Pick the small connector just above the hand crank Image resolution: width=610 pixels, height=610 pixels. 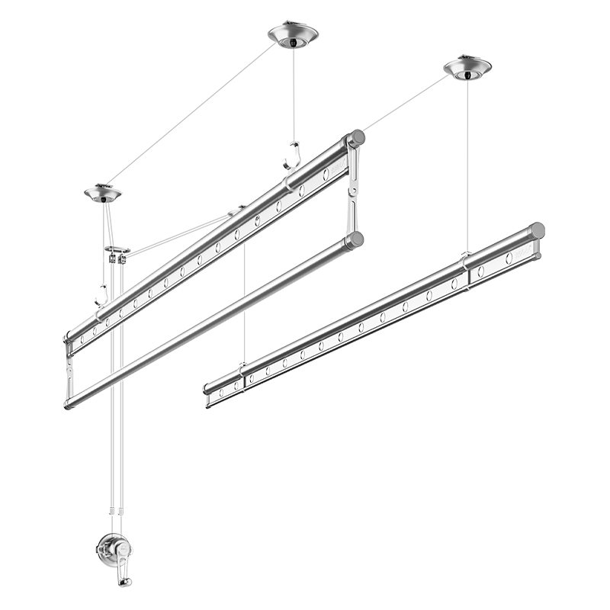coord(116,510)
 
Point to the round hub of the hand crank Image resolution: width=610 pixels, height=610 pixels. coord(115,547)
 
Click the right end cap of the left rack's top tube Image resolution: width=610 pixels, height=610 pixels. coord(355,139)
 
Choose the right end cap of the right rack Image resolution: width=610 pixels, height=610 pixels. coord(538,230)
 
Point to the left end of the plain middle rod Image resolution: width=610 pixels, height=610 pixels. coord(69,403)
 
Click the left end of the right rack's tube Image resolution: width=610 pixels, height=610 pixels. coord(207,388)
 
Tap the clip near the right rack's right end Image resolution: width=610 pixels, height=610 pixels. coord(467,260)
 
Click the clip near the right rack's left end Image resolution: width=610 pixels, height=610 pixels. coord(241,368)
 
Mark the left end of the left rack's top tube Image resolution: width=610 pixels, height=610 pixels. coord(69,335)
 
